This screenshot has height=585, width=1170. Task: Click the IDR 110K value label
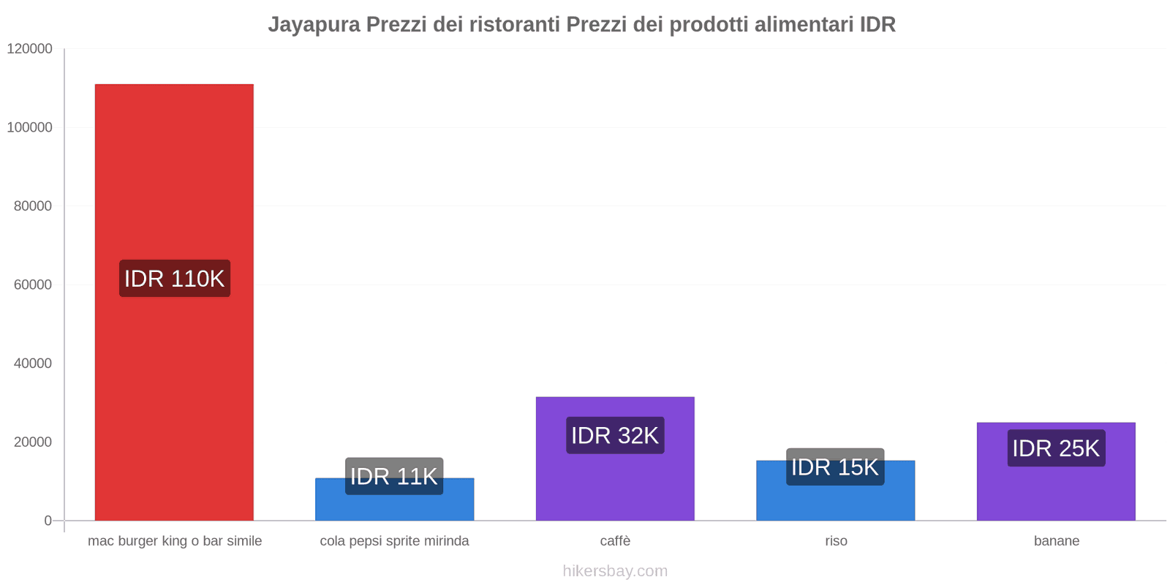point(174,279)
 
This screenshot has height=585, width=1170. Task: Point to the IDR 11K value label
point(394,476)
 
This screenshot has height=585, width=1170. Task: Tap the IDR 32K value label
point(615,436)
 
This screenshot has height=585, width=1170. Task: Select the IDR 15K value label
point(835,467)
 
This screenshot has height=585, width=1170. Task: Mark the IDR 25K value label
point(1056,448)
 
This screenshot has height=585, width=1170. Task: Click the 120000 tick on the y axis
point(30,49)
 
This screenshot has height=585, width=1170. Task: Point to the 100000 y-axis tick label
point(30,127)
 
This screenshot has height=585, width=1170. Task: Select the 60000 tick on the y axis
point(33,284)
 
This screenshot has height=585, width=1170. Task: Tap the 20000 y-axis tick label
point(33,442)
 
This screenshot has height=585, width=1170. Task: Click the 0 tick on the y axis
point(48,521)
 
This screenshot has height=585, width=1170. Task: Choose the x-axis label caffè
point(615,541)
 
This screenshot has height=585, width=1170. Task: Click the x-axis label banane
point(1056,541)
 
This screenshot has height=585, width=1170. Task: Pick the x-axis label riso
point(836,541)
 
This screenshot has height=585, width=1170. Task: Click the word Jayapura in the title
point(314,25)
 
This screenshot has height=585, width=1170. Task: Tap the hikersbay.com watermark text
point(615,571)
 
